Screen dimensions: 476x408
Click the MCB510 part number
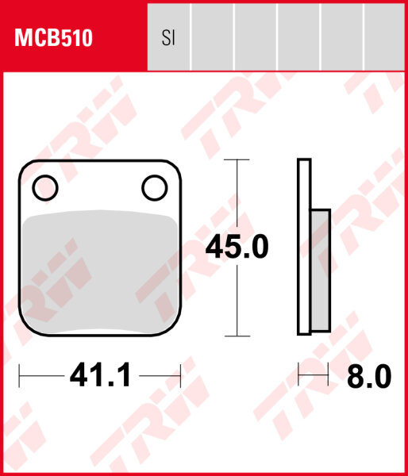[52, 37]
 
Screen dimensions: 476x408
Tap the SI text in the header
[167, 38]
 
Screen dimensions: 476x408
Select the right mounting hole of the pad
[152, 187]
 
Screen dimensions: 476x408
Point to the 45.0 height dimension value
[237, 248]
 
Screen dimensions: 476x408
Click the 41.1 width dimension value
[100, 375]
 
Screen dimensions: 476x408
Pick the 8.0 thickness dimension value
[370, 376]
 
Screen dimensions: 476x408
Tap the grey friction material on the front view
[100, 270]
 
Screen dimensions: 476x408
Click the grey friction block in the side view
[320, 270]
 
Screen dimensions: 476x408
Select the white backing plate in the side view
[304, 246]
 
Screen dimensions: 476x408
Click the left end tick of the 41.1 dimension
[20, 374]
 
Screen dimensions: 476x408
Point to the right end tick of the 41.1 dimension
[182, 374]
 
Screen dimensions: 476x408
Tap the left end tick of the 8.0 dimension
[298, 374]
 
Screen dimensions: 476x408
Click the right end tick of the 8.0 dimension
[328, 374]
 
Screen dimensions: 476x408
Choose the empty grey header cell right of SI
[212, 37]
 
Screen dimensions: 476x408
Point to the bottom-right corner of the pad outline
[179, 332]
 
